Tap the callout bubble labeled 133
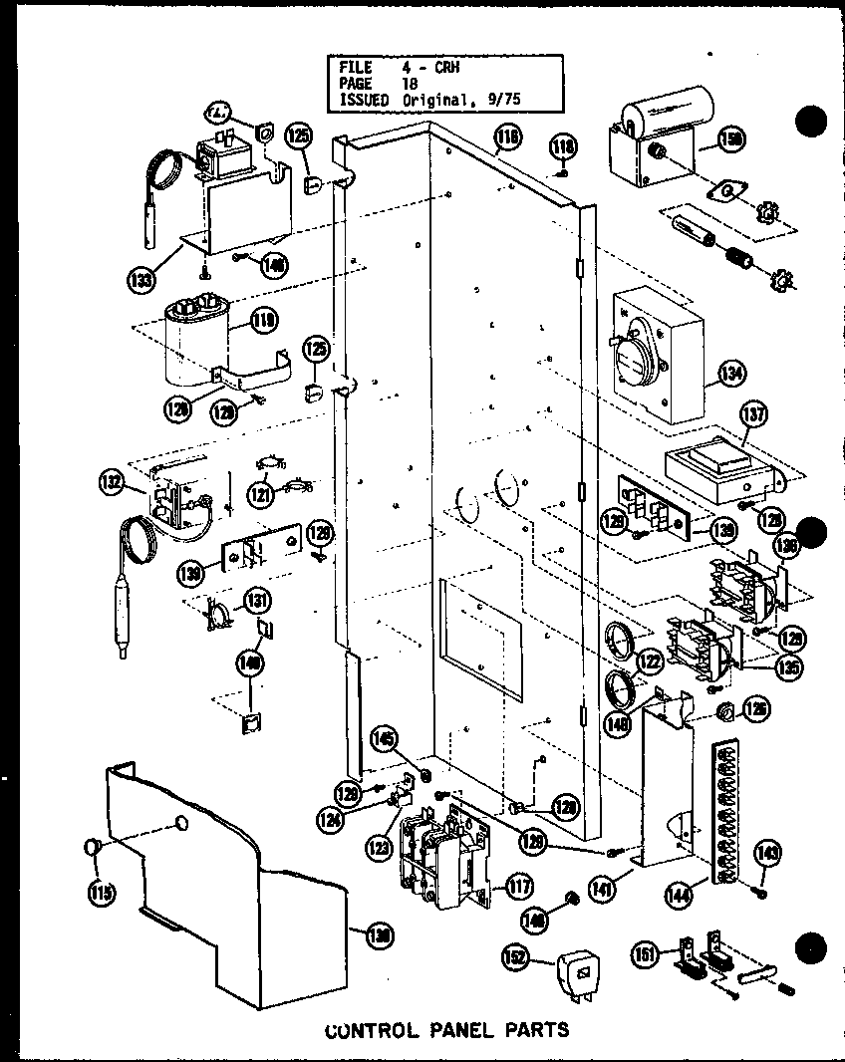[x=143, y=280]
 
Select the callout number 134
[x=730, y=375]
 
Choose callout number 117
[x=518, y=886]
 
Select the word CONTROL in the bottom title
[x=365, y=1028]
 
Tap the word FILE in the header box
[x=356, y=68]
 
